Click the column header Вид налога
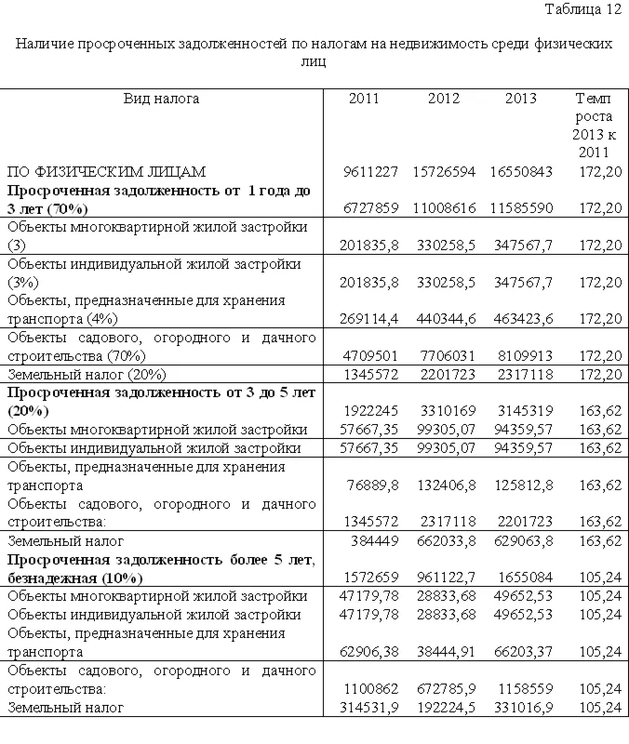162,99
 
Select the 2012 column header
445,99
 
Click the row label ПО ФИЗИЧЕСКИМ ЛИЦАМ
106,171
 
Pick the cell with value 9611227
371,171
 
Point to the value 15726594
445,171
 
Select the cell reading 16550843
521,171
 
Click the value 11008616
445,207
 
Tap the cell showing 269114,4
371,318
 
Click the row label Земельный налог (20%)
87,374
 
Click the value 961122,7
446,577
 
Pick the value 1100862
375,689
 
